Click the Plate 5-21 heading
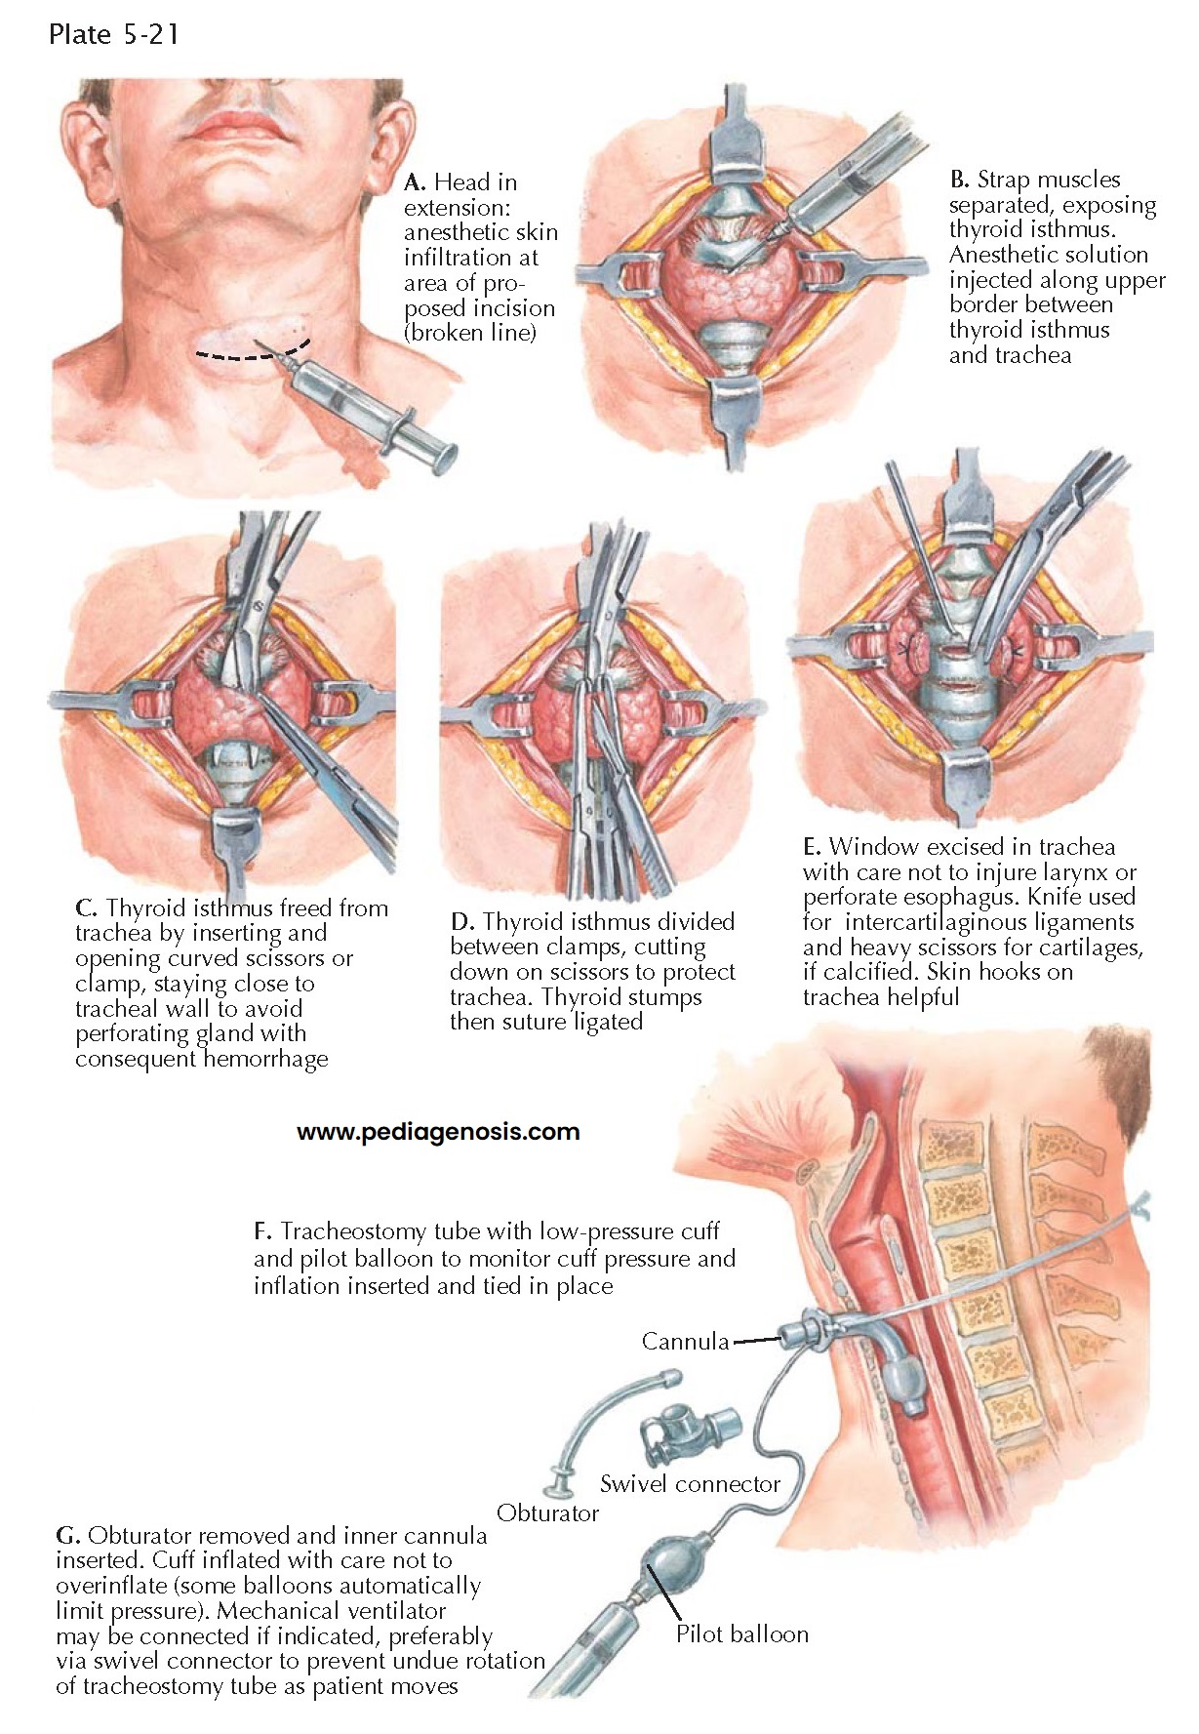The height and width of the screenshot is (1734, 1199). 112,35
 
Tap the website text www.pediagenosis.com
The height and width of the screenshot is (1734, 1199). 438,1132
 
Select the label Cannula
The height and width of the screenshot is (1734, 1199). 685,1341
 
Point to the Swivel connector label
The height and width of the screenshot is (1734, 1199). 690,1484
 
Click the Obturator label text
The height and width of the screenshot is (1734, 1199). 547,1513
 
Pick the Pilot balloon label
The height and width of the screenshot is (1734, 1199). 741,1633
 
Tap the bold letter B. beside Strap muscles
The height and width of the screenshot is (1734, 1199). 959,180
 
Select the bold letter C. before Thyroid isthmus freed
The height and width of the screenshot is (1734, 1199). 86,908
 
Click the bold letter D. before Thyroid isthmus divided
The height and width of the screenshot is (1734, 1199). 461,922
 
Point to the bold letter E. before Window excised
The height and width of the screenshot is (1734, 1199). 813,847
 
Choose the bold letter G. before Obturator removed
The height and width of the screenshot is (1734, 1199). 67,1537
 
